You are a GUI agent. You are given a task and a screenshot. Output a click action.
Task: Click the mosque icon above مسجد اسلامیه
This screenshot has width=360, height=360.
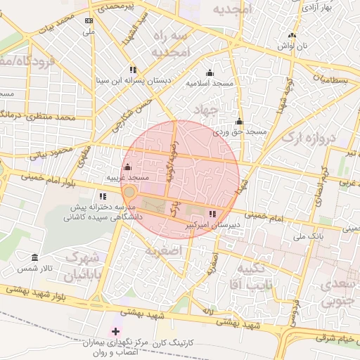209,72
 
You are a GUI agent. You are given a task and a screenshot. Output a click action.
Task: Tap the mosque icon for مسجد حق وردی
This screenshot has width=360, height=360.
239,121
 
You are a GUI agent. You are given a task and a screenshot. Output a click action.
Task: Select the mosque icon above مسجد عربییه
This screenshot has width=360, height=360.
127,167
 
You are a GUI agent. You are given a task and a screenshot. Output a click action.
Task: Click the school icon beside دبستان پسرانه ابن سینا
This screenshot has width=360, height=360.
133,69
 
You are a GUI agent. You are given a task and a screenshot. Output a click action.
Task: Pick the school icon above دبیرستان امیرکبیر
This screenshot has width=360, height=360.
212,214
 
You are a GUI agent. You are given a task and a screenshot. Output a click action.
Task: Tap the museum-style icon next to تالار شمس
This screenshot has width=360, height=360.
35,258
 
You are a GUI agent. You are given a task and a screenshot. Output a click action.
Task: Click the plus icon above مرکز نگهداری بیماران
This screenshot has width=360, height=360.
116,330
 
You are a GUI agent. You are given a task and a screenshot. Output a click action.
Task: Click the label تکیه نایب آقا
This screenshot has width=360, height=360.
249,275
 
